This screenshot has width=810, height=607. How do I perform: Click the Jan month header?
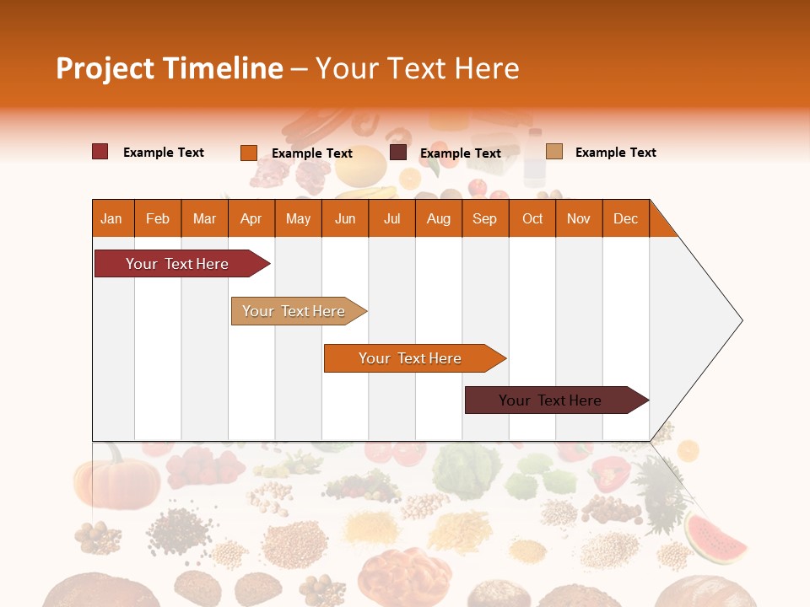click(111, 219)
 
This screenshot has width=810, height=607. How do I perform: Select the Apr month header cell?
click(251, 219)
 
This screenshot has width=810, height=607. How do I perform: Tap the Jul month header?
click(391, 219)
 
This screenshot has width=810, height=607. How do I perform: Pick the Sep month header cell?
click(484, 219)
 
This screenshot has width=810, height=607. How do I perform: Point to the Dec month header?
click(625, 219)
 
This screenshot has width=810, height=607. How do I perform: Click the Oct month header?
click(532, 219)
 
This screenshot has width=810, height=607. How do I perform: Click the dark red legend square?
click(100, 152)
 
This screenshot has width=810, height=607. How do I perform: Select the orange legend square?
click(249, 153)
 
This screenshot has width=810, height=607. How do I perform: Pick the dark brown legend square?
click(398, 153)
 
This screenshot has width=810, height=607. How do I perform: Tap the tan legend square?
click(553, 152)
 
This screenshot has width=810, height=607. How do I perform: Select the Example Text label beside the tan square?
click(615, 153)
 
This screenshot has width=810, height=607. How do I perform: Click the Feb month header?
click(158, 219)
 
